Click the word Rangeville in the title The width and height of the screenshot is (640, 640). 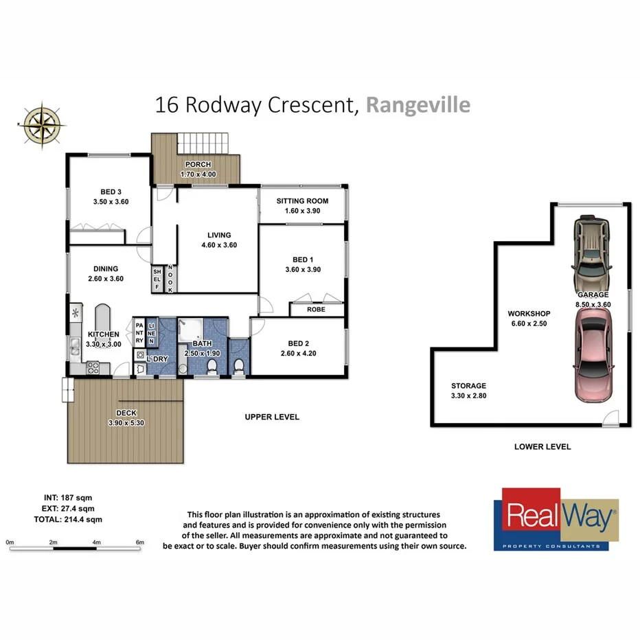pos(418,105)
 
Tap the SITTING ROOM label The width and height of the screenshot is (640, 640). pos(301,201)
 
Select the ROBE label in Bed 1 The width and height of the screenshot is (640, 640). pos(315,310)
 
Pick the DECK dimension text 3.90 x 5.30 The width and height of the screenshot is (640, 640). pos(125,424)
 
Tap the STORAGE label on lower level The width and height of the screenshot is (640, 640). pos(468,386)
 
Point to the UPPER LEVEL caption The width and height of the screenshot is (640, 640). pos(272,417)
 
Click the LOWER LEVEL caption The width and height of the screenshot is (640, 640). pos(542,446)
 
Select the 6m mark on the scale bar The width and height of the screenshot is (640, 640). pos(140,542)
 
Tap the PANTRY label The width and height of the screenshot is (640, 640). pos(139,332)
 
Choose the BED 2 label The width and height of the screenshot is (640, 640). pos(295,343)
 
